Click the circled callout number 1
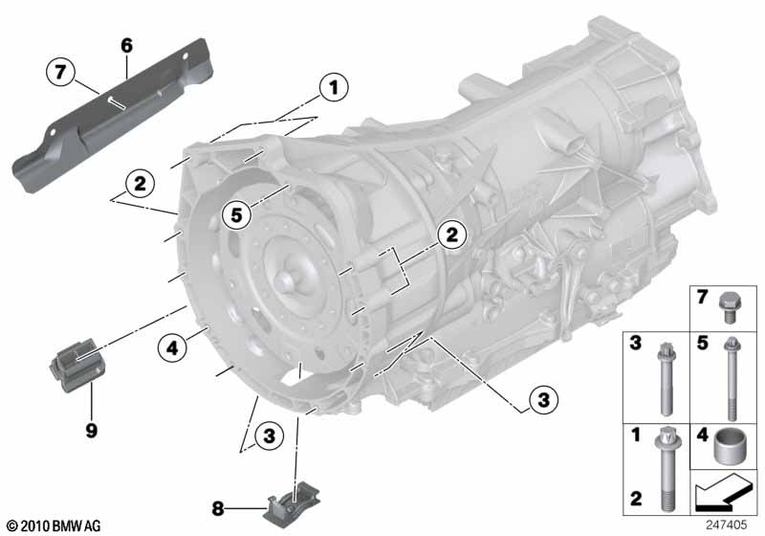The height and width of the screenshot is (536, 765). pos(334,87)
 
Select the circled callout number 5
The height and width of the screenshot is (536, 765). pos(236,214)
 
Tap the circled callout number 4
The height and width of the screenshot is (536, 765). pos(172,348)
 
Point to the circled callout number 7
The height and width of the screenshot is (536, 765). pos(60,72)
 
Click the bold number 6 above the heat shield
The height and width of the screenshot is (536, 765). pos(126,45)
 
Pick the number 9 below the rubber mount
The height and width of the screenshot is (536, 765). pos(91,430)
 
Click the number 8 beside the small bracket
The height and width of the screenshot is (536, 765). pos(218,508)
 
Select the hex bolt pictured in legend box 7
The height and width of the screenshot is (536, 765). pos(730,307)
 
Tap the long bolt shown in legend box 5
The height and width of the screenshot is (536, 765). pos(732,379)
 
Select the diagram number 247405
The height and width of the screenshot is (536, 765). pos(726,525)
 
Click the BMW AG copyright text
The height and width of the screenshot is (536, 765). pos(55,525)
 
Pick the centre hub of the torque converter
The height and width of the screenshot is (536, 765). pos(285,280)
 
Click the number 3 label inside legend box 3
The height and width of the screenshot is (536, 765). pos(635,343)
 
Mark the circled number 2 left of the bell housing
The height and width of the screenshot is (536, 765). pos(140,184)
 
